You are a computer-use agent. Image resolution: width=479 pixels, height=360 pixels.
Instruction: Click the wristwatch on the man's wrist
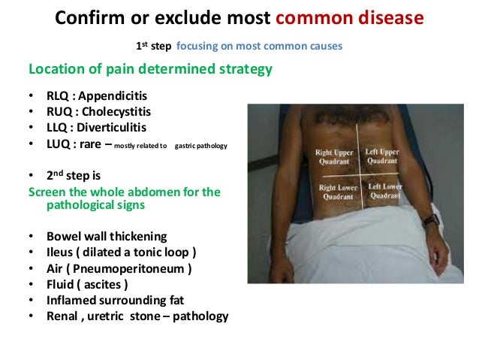[429, 221]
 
